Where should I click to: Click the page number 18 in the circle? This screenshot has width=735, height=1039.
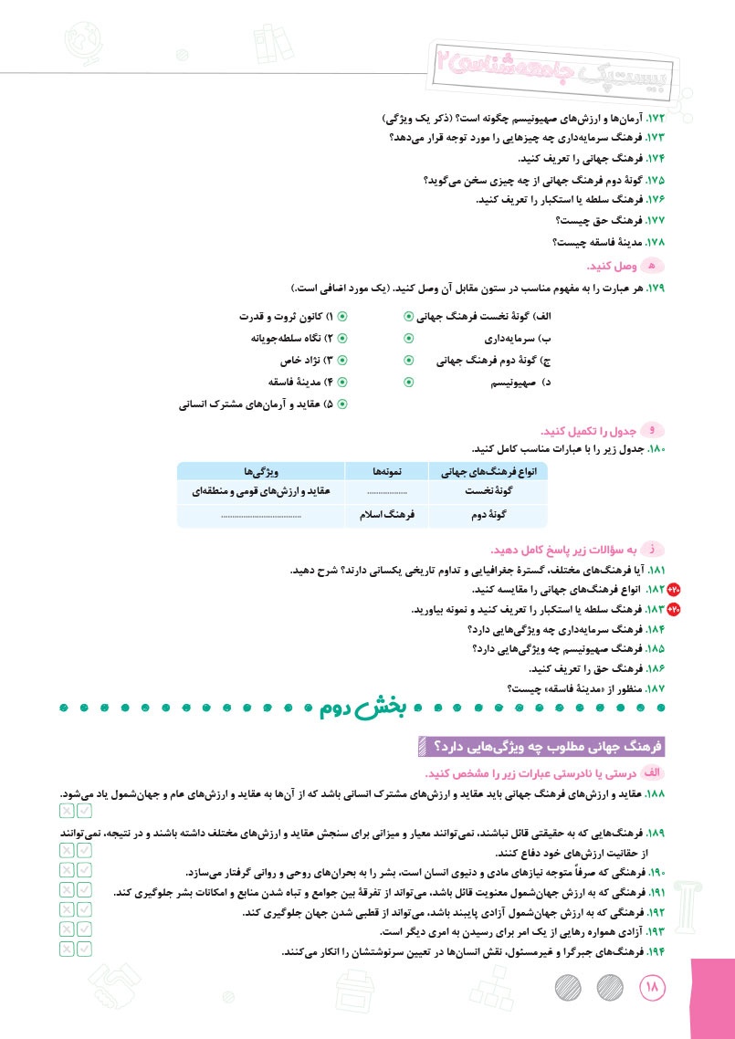point(655,987)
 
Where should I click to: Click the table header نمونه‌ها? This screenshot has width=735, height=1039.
point(393,471)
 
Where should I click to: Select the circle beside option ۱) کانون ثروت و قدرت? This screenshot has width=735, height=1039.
point(342,317)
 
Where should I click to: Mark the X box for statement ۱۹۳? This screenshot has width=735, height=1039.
point(68,929)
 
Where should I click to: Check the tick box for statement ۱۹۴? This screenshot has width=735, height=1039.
point(85,949)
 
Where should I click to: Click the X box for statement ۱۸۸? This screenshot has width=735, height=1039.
point(68,810)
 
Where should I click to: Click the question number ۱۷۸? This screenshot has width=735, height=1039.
point(656,242)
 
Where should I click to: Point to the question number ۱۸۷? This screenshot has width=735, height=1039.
point(656,687)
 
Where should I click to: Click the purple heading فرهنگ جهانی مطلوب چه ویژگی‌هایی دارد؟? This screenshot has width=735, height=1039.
point(543,747)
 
